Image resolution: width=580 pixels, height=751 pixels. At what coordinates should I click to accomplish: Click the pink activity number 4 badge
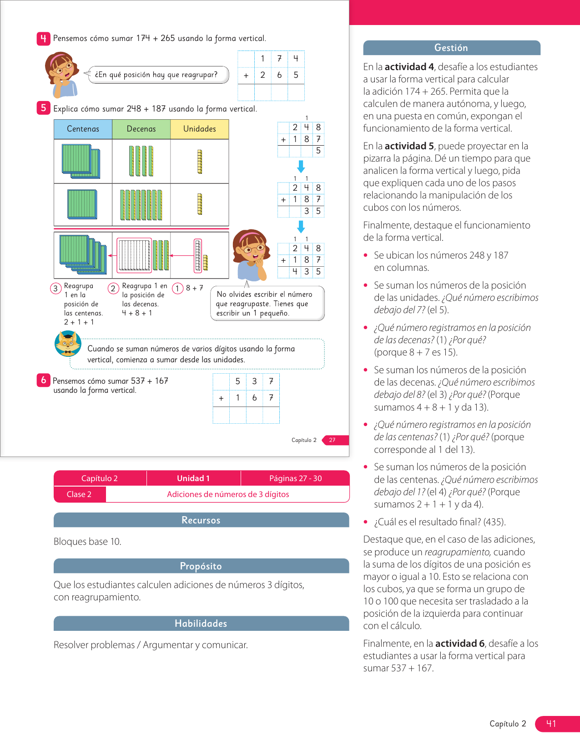coord(43,39)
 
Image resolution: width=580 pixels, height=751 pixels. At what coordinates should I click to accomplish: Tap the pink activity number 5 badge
coord(43,108)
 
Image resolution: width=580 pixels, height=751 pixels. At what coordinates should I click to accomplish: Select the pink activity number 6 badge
coord(43,380)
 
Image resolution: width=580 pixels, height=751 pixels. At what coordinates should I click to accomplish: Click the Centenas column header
coord(83,129)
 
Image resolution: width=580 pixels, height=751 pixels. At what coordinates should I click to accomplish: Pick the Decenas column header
coord(141,129)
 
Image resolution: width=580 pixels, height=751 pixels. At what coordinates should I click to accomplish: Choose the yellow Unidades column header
coord(199,129)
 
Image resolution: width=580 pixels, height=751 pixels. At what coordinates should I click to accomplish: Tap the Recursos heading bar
coord(201,520)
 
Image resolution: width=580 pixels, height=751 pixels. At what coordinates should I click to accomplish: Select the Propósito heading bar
coord(201,566)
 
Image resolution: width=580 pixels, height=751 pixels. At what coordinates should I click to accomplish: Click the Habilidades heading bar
coord(201,624)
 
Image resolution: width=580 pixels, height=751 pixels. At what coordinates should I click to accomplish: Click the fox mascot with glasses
coord(68,344)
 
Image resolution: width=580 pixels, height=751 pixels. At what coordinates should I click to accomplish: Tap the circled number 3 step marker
coord(55,288)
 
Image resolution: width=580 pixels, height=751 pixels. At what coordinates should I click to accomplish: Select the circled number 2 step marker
coord(113,288)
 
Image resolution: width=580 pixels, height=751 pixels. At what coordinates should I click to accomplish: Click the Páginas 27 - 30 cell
coord(295,478)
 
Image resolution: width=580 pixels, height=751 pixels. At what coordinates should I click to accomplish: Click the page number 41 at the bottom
coord(551,724)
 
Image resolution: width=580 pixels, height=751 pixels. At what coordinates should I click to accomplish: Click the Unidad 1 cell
coord(193,478)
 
